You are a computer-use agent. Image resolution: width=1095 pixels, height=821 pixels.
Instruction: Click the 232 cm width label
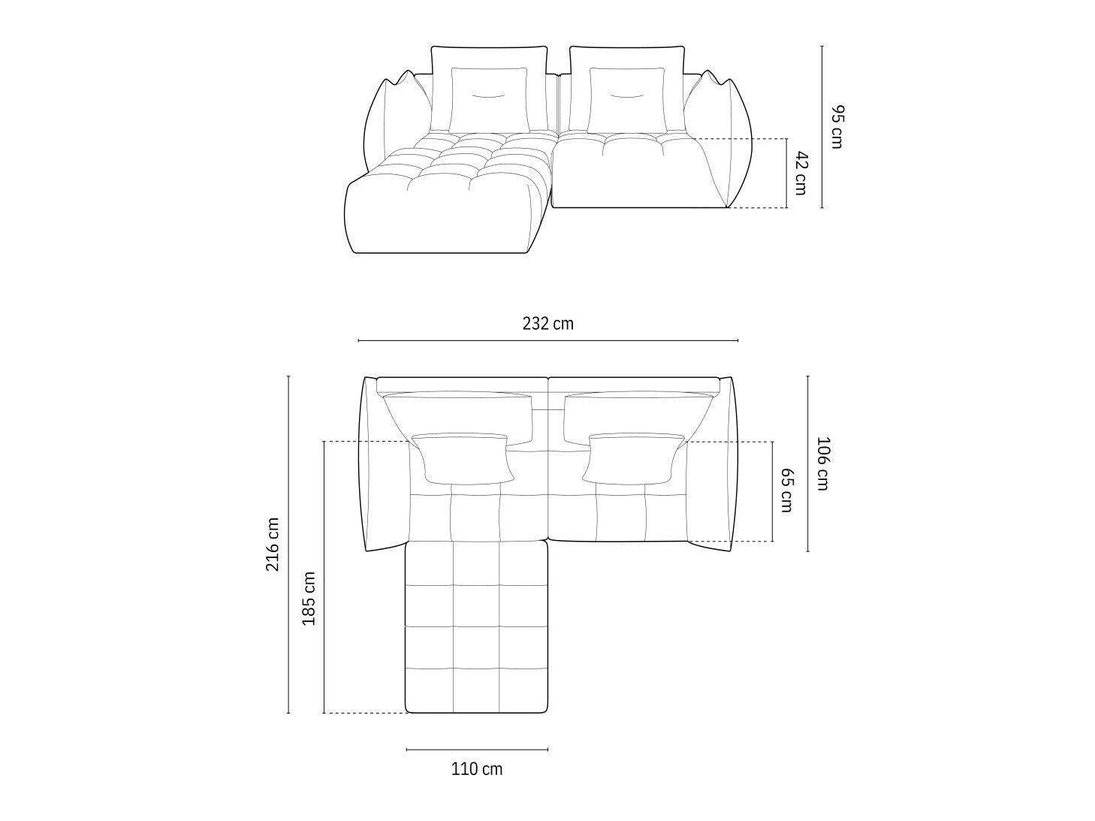[x=547, y=324]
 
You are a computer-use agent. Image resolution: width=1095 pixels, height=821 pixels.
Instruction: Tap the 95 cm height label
[x=837, y=127]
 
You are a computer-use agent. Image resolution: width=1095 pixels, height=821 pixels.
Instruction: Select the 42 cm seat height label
[x=801, y=173]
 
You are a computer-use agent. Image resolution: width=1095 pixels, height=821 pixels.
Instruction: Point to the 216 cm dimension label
[x=273, y=545]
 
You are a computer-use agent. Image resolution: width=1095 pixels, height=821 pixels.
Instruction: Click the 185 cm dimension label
[x=308, y=599]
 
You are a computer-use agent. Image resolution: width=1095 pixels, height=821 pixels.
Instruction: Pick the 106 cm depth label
[x=822, y=463]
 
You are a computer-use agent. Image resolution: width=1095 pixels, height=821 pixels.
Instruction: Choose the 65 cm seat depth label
[x=787, y=490]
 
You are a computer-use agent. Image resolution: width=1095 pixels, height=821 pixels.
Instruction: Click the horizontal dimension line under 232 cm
[x=547, y=341]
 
